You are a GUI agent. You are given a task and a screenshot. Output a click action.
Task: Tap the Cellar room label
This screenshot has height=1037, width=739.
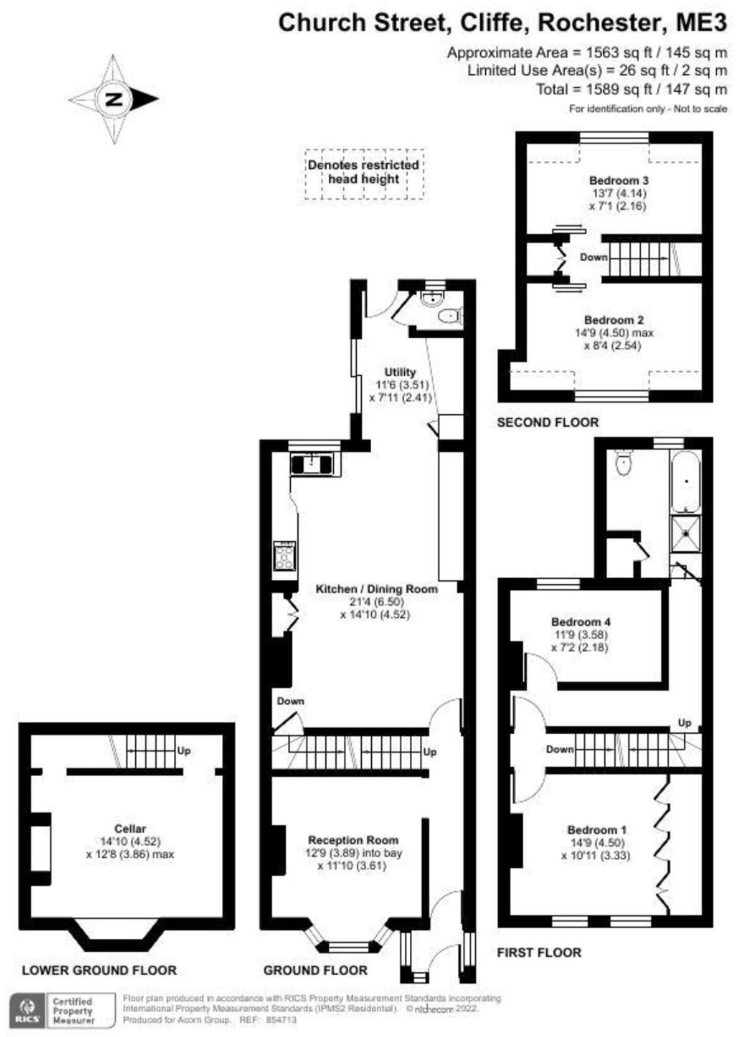pyautogui.click(x=130, y=829)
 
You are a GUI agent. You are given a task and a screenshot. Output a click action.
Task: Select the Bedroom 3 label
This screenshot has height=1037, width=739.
pyautogui.click(x=618, y=180)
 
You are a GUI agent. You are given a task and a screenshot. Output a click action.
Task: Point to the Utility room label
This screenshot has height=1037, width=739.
pyautogui.click(x=400, y=372)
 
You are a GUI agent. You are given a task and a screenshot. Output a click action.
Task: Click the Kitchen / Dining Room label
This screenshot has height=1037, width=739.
pyautogui.click(x=376, y=589)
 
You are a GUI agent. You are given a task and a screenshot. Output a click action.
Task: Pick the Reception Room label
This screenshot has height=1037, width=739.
pyautogui.click(x=353, y=840)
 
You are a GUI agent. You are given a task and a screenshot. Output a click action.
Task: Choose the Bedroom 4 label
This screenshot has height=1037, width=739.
pyautogui.click(x=580, y=622)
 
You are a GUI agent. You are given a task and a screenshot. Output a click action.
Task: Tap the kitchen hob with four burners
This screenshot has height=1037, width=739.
pyautogui.click(x=285, y=556)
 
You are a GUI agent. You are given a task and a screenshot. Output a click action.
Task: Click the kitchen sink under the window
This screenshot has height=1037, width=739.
pyautogui.click(x=312, y=464)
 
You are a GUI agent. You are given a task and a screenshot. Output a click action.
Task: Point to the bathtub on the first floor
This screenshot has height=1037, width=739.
pyautogui.click(x=686, y=482)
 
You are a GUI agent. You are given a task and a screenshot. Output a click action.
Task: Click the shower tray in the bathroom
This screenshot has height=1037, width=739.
pyautogui.click(x=686, y=533)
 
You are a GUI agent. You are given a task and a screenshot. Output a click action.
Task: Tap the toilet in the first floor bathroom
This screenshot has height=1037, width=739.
pyautogui.click(x=624, y=463)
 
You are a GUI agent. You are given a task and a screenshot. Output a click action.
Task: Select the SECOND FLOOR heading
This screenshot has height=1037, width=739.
pyautogui.click(x=548, y=422)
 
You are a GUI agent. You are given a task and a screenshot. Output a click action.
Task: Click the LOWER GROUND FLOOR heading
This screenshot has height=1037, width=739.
pyautogui.click(x=99, y=970)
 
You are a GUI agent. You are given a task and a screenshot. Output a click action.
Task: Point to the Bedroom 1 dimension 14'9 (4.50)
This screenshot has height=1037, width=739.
pyautogui.click(x=596, y=843)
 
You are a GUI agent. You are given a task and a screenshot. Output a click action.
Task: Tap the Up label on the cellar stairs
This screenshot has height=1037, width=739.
pyautogui.click(x=183, y=750)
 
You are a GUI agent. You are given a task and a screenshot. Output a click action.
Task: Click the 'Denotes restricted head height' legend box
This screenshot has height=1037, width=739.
pyautogui.click(x=364, y=173)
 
